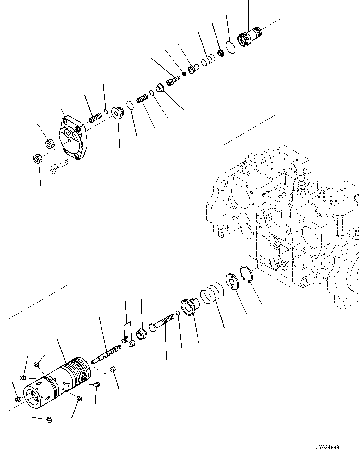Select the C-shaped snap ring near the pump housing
pyautogui.click(x=246, y=273)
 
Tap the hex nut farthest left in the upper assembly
pyautogui.click(x=38, y=158)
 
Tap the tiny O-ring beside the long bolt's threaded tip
pyautogui.click(x=178, y=313)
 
